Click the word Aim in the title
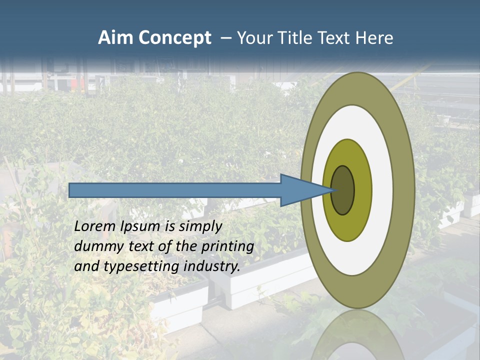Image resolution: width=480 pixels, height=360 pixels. (x=115, y=38)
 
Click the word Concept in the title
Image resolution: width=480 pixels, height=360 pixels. (x=174, y=38)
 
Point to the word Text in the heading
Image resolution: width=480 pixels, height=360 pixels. (x=335, y=38)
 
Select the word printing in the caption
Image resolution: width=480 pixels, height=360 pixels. (x=227, y=246)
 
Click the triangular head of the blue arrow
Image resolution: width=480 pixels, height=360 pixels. (x=300, y=190)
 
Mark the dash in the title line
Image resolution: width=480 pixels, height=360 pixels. (x=225, y=38)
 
